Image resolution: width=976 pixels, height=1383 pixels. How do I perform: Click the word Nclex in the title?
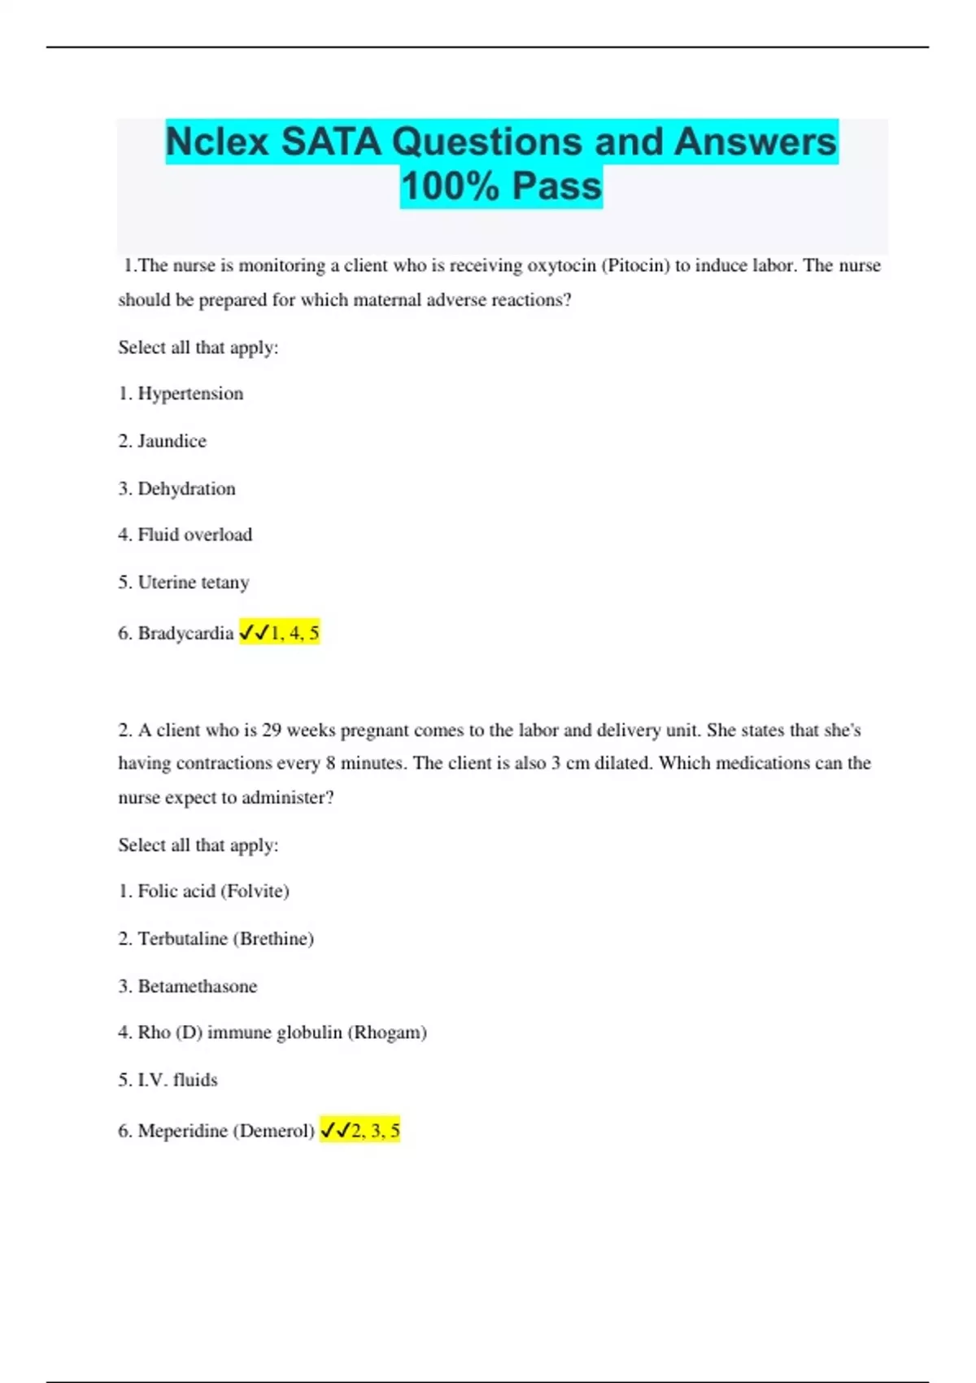[217, 142]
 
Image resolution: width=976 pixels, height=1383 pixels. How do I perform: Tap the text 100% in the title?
[450, 186]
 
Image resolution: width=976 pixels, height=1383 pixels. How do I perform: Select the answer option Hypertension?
[190, 394]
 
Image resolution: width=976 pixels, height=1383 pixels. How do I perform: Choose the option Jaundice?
[172, 441]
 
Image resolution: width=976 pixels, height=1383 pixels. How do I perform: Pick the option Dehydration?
[186, 488]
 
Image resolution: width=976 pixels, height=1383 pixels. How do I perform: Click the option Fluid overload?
[194, 534]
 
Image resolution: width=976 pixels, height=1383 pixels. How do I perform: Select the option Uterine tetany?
[193, 582]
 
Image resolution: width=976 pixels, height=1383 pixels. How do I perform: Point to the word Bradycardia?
[185, 633]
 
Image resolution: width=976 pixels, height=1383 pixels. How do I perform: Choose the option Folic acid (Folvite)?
[213, 891]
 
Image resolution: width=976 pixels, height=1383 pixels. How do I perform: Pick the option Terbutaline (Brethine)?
[225, 938]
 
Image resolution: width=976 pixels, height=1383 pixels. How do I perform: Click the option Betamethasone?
[197, 986]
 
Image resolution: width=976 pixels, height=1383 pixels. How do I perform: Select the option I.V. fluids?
[177, 1080]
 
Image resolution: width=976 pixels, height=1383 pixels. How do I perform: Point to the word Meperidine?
[183, 1130]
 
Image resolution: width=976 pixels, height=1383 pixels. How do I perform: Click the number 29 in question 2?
[272, 730]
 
